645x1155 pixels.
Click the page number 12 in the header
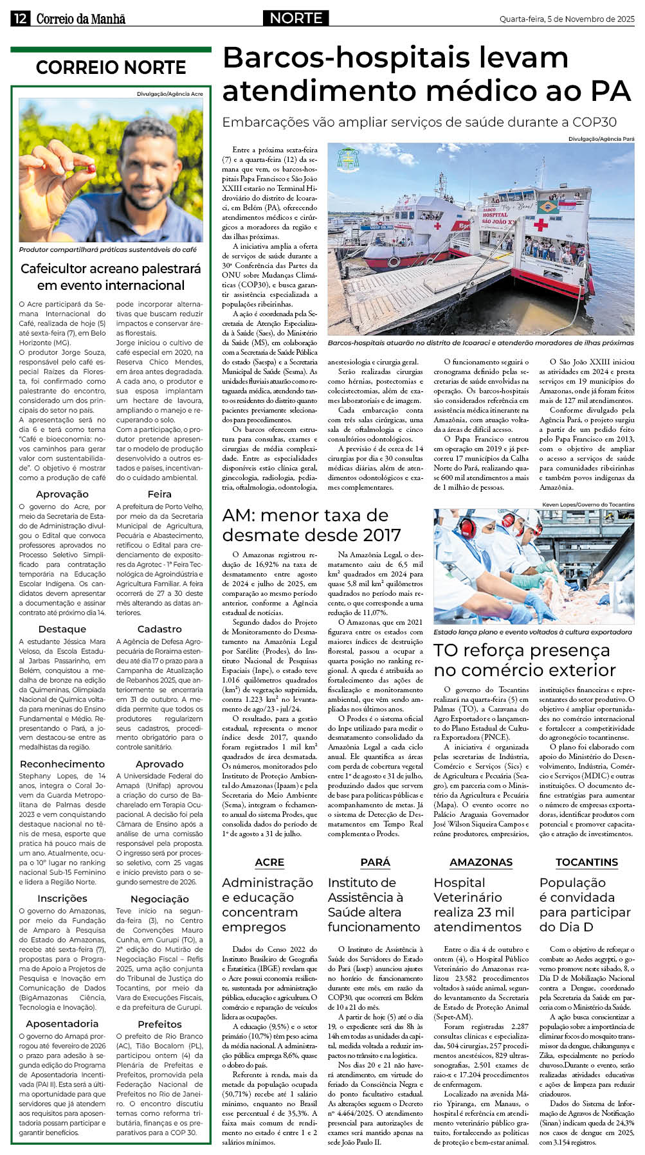tap(19, 19)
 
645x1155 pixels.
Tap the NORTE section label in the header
tap(296, 18)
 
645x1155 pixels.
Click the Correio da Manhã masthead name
tap(80, 19)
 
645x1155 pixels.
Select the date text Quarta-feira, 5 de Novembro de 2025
tap(567, 19)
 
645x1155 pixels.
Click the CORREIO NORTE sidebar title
tap(111, 67)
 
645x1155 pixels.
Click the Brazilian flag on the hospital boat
tap(547, 207)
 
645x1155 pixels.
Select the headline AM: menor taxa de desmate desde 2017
tap(311, 524)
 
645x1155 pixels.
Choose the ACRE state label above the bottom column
tap(269, 862)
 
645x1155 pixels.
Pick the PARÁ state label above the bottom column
tap(375, 862)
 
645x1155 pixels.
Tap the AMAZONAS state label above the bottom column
tap(480, 862)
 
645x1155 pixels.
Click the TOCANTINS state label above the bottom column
tap(586, 862)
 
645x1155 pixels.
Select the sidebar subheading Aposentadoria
tap(62, 1023)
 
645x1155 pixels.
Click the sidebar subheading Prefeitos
tap(159, 1023)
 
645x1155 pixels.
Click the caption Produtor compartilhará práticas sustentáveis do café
tap(108, 249)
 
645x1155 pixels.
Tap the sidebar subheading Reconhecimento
tap(62, 764)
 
